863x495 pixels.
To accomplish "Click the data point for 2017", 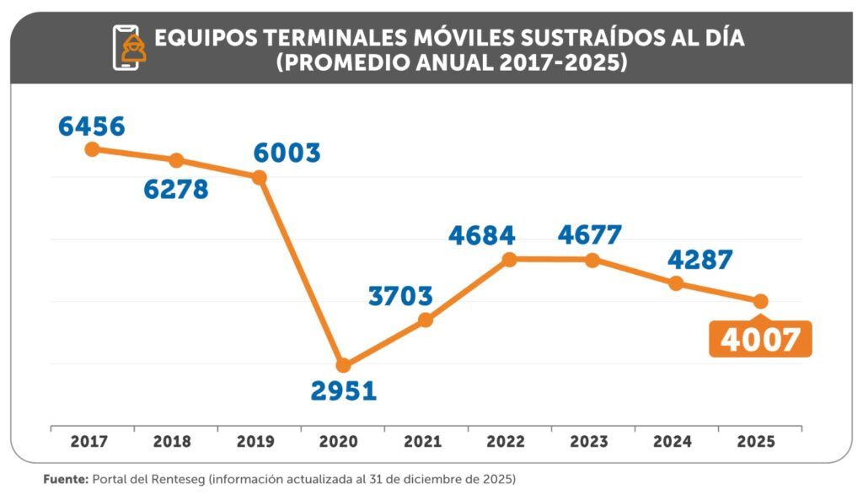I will (93, 149).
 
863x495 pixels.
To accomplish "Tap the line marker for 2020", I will (343, 365).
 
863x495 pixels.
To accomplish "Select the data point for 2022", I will (509, 260).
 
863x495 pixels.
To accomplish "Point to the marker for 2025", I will (760, 301).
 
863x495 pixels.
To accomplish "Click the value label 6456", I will (92, 126).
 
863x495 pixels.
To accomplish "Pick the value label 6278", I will (175, 189).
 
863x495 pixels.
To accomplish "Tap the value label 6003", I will (287, 153).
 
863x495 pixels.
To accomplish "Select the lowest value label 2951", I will (343, 391).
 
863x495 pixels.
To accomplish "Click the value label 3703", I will (400, 296).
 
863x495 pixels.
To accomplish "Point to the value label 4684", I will (481, 235).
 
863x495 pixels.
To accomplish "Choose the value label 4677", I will (589, 234).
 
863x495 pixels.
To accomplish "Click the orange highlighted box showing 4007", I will (760, 339).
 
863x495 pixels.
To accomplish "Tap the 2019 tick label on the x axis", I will (260, 441).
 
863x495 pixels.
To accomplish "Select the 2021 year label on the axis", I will (426, 441).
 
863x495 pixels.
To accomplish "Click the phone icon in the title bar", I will (128, 48).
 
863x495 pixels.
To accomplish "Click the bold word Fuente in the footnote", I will (65, 478).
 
